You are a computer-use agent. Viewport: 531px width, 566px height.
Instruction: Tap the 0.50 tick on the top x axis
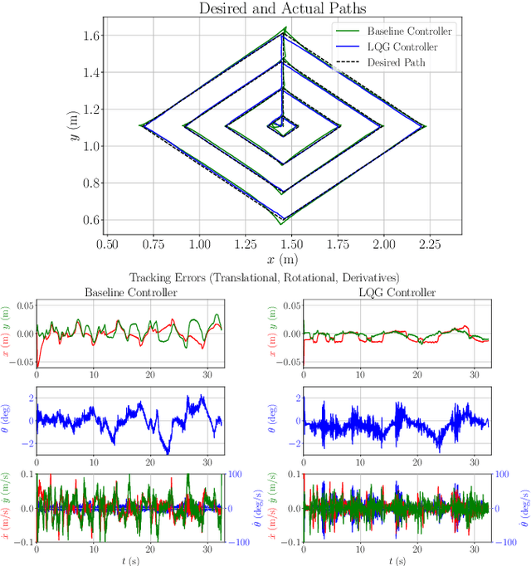tap(107, 245)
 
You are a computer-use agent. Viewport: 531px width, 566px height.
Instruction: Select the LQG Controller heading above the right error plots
tap(396, 292)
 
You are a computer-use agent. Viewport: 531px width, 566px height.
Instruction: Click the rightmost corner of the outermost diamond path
tap(426, 126)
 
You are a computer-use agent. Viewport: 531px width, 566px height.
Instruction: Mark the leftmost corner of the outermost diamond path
tap(140, 126)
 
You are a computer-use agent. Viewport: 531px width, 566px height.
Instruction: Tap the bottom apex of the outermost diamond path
tap(280, 223)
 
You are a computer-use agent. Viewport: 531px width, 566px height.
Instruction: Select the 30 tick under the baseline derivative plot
tap(207, 549)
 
